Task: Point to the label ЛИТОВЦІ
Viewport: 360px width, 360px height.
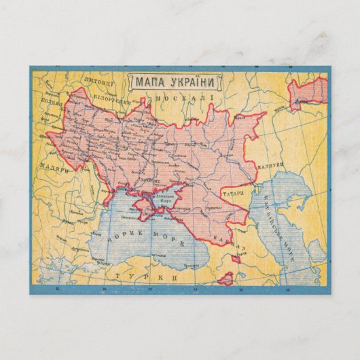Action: point(99,82)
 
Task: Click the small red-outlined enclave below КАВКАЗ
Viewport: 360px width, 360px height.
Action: point(236,258)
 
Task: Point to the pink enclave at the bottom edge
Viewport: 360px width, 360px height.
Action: point(226,277)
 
